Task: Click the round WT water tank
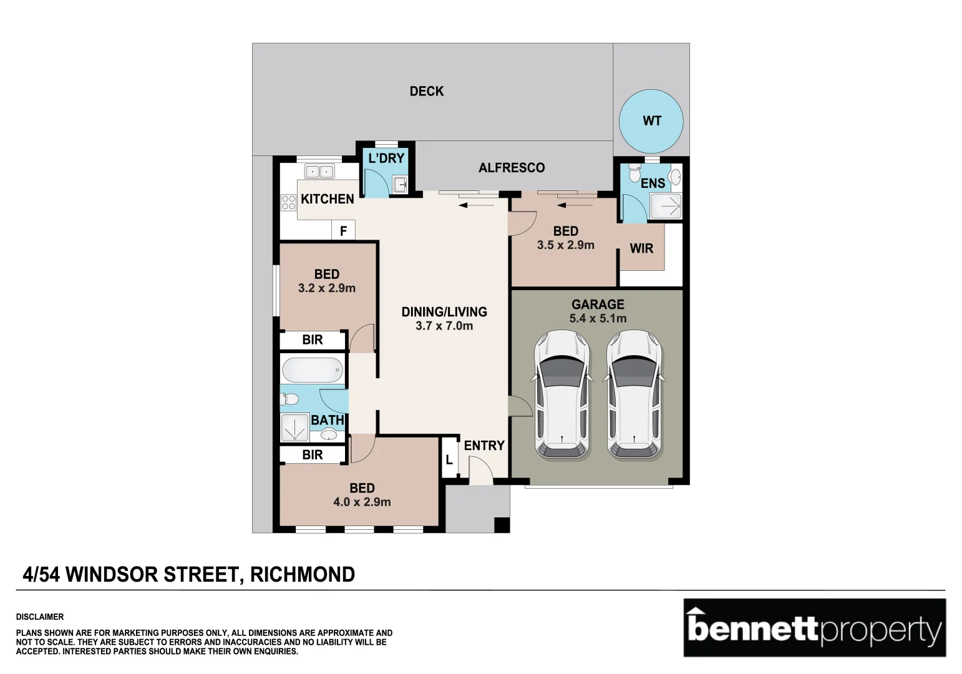pyautogui.click(x=651, y=121)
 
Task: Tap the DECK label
pyautogui.click(x=427, y=91)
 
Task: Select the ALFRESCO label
pyautogui.click(x=512, y=167)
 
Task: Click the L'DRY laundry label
pyautogui.click(x=386, y=159)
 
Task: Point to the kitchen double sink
pyautogui.click(x=319, y=171)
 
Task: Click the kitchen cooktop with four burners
pyautogui.click(x=288, y=202)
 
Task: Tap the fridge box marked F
pyautogui.click(x=343, y=231)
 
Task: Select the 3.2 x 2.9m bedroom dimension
pyautogui.click(x=326, y=288)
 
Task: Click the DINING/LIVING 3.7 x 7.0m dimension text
pyautogui.click(x=444, y=326)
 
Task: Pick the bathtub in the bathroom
pyautogui.click(x=312, y=370)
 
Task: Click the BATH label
pyautogui.click(x=328, y=420)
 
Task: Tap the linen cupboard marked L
pyautogui.click(x=449, y=460)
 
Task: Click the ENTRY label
pyautogui.click(x=484, y=446)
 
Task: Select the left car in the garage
pyautogui.click(x=562, y=396)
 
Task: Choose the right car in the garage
pyautogui.click(x=634, y=396)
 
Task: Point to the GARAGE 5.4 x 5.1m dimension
pyautogui.click(x=598, y=318)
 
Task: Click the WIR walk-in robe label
pyautogui.click(x=641, y=248)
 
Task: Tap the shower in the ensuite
pyautogui.click(x=666, y=205)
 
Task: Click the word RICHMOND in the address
pyautogui.click(x=303, y=574)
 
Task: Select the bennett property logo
pyautogui.click(x=814, y=628)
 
